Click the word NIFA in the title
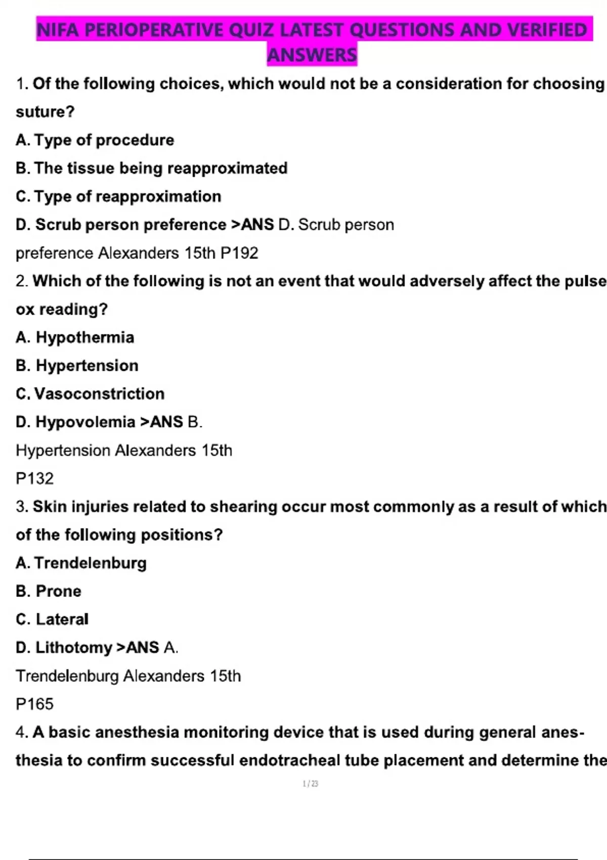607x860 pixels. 58,30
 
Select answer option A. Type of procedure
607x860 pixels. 95,140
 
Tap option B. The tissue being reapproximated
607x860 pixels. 152,168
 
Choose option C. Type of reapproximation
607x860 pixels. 119,197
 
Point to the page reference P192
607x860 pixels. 239,253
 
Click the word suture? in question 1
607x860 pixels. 45,112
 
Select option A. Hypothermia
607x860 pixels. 75,337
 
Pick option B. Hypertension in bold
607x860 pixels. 77,366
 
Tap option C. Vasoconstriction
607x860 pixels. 91,394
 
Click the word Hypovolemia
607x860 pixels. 85,422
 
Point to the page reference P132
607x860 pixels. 34,479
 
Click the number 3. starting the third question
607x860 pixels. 22,507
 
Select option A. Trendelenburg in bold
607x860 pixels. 81,563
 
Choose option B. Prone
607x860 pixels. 49,591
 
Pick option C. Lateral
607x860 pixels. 52,619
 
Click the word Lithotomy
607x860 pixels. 74,648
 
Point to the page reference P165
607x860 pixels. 34,704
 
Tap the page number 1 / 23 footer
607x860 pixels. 310,784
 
